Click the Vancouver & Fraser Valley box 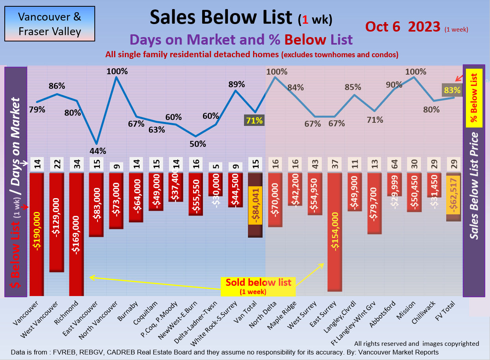[x=50, y=24]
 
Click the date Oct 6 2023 [x=403, y=26]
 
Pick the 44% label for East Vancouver [x=98, y=150]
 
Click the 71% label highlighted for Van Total [x=255, y=120]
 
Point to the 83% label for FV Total [x=452, y=90]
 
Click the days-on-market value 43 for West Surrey [x=315, y=164]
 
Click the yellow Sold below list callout [x=258, y=286]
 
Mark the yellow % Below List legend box [x=474, y=98]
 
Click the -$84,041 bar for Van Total [x=255, y=205]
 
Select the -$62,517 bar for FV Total [x=453, y=197]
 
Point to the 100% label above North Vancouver [x=117, y=71]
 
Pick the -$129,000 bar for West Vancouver [x=57, y=222]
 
